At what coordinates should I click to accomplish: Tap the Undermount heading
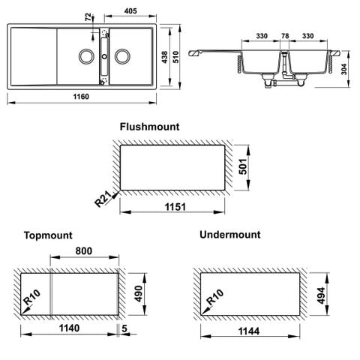(230, 235)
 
